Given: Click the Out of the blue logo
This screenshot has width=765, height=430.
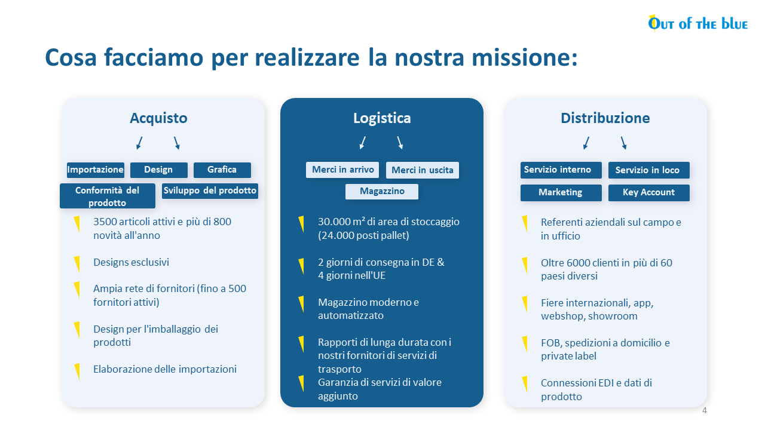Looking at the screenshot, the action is (x=697, y=23).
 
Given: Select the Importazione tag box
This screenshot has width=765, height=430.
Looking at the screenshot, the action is (x=96, y=170).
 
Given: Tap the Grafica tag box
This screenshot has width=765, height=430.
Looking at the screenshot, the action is (x=222, y=170).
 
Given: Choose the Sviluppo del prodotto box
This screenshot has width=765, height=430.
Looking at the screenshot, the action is (x=210, y=191).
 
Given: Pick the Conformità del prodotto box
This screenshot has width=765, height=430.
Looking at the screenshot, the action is (x=107, y=196).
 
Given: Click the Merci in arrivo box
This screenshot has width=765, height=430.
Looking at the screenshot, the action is (x=342, y=170).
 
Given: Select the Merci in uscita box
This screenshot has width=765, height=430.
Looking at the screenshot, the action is (x=423, y=170).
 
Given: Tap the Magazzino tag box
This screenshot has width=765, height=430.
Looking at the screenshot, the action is (x=382, y=192).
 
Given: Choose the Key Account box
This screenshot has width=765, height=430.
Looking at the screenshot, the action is (x=649, y=193).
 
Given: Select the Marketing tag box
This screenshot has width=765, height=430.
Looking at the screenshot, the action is (x=561, y=193).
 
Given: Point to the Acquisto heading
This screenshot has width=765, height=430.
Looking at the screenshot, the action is (x=158, y=118).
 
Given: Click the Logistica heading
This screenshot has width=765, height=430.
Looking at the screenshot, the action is (x=382, y=118).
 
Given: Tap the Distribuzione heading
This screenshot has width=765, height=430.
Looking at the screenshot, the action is (x=605, y=118).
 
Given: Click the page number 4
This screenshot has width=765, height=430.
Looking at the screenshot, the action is (x=704, y=410).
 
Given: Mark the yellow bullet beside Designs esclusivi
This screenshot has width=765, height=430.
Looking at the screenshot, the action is (x=77, y=264).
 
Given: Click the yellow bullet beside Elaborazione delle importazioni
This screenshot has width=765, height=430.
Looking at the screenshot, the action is (x=78, y=371).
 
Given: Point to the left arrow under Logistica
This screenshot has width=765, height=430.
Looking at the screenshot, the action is (x=363, y=143).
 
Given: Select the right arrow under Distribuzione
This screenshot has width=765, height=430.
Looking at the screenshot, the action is (x=623, y=143).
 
